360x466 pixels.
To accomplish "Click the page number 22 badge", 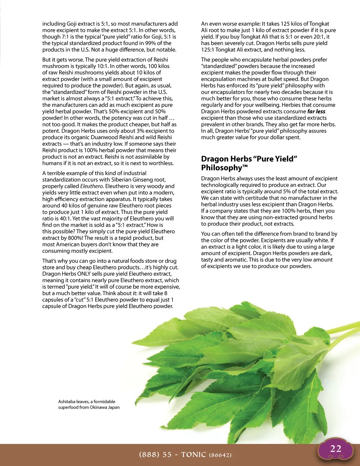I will [x=336, y=449].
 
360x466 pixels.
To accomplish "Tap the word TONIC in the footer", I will [x=193, y=455].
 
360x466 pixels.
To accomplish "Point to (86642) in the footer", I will [x=220, y=455].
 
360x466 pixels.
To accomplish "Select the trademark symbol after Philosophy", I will [x=245, y=166].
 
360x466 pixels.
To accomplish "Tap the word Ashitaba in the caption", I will [x=67, y=402].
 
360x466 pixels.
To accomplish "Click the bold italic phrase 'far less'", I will [x=316, y=111].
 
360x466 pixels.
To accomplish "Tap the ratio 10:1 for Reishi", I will [x=103, y=66].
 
